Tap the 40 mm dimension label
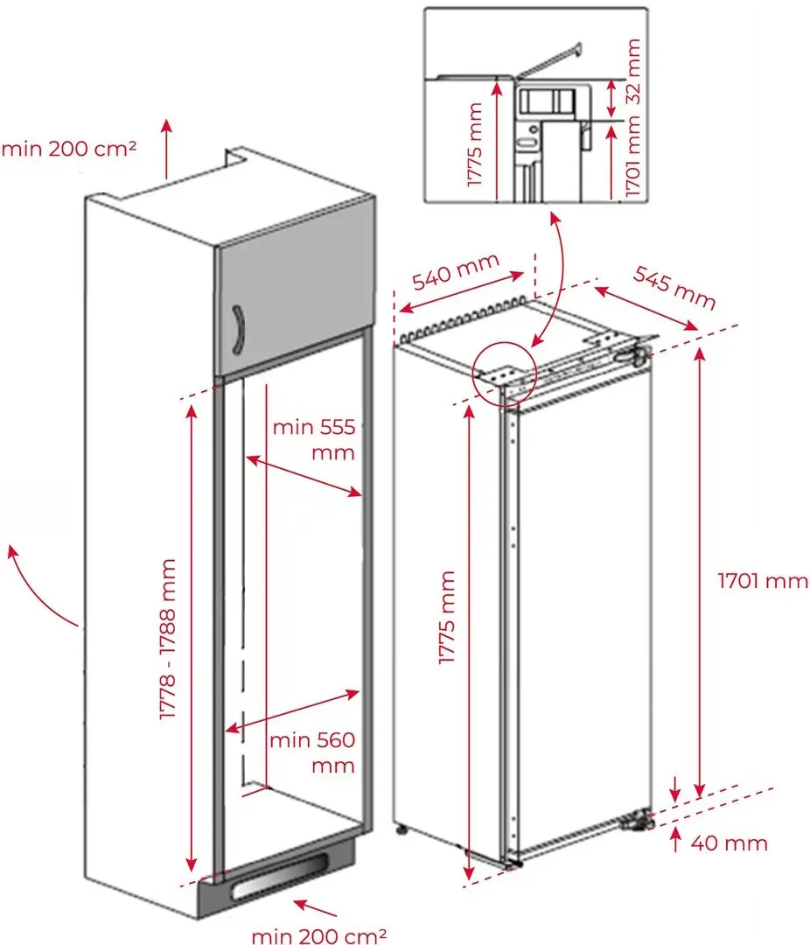(729, 843)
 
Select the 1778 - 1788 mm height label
(169, 640)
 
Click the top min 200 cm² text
(69, 148)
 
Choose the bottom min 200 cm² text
(319, 935)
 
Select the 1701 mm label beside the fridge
(763, 580)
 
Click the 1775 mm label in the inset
(474, 144)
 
